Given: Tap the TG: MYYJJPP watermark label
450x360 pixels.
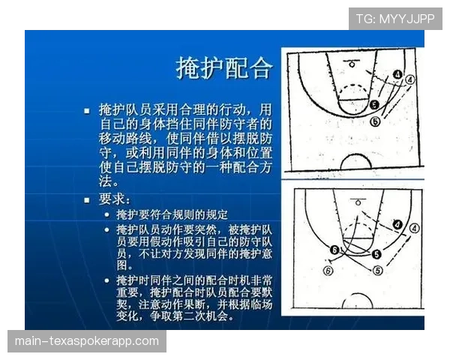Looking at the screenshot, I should point(394,19).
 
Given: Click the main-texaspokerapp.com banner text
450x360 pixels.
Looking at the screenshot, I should point(86,341).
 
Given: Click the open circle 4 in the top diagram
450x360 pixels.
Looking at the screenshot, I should point(410,79).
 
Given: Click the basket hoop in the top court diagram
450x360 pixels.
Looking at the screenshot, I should point(352,65).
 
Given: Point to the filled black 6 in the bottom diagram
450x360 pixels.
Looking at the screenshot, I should point(335,250).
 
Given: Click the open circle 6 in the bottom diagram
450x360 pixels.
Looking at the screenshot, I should point(327,271).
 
